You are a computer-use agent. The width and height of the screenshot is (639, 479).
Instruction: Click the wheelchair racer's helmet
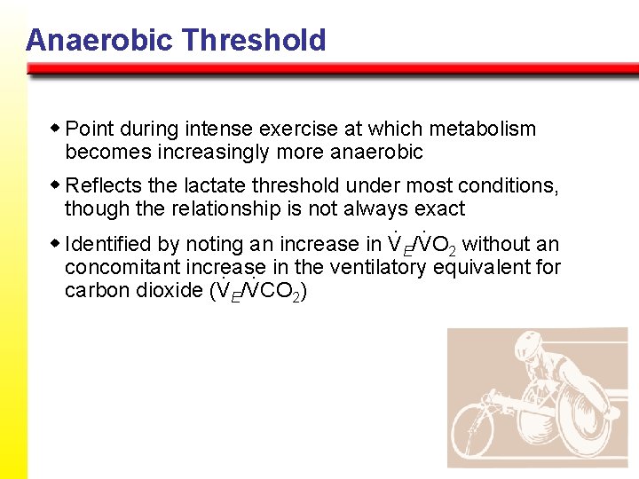525,349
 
